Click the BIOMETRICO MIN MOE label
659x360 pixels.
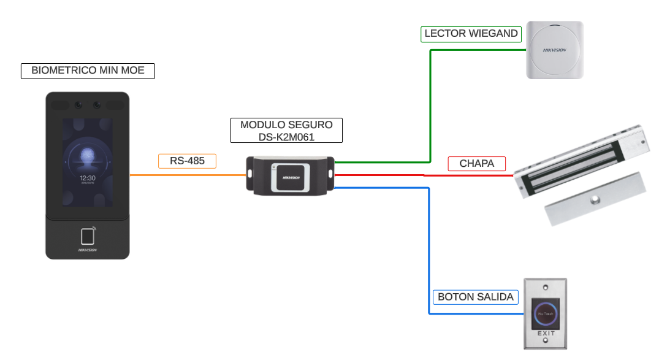coord(88,71)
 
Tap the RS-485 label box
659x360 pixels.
coord(187,161)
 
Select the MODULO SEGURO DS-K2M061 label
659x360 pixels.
coord(286,131)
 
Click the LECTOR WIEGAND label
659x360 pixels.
coord(471,34)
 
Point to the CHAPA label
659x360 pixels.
coord(476,164)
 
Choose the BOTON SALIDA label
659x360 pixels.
coord(475,297)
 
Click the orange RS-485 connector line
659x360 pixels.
coord(184,175)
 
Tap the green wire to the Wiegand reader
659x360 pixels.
coord(430,104)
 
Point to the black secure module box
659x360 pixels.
coord(290,176)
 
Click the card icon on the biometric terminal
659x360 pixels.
coord(88,236)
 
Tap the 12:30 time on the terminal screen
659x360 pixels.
coord(87,177)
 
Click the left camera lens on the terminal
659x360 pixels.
coord(78,105)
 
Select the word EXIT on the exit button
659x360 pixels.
coord(546,334)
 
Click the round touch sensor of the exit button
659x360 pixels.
coord(546,313)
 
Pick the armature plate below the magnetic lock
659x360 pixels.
coord(595,199)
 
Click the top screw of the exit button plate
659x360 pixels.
coord(546,286)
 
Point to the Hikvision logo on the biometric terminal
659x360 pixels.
coord(88,250)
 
